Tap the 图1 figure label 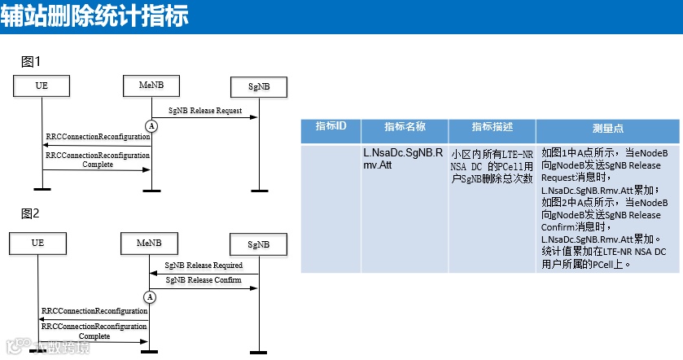pos(31,62)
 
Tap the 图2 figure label pos(31,213)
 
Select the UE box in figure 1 pos(42,85)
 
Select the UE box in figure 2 pos(37,242)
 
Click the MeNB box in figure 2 pos(148,242)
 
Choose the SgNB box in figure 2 pos(259,244)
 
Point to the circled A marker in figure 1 pos(151,125)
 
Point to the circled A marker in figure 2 pos(150,297)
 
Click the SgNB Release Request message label pos(205,110)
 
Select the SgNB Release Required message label pos(204,266)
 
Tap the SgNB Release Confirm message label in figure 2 pos(204,280)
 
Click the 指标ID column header pos(331,127)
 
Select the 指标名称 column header pos(404,127)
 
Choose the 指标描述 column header pos(492,127)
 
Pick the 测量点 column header pos(607,129)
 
